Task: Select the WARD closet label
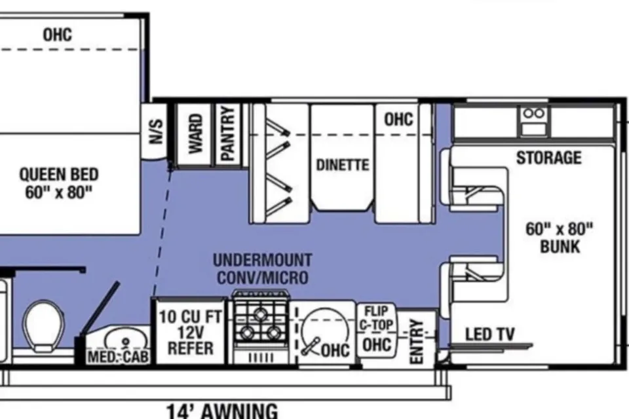[x=195, y=134]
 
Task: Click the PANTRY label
[x=227, y=134]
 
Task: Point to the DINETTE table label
[x=343, y=165]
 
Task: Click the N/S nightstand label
[x=157, y=131]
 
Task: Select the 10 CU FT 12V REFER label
[x=190, y=333]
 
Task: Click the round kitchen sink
[x=324, y=332]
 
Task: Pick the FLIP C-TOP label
[x=376, y=318]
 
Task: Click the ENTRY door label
[x=417, y=341]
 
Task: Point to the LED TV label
[x=489, y=334]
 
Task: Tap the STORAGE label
[x=549, y=158]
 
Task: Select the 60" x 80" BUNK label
[x=560, y=238]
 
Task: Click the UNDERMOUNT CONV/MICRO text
[x=262, y=268]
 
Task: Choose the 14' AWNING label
[x=222, y=410]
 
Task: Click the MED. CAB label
[x=119, y=356]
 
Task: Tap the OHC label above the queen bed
[x=58, y=35]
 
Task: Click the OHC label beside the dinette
[x=398, y=119]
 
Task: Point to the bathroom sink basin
[x=125, y=339]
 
